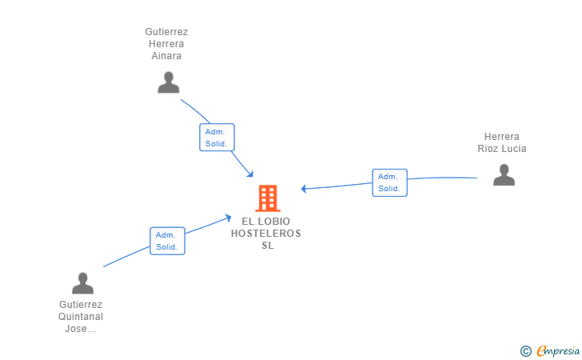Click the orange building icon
click(x=268, y=198)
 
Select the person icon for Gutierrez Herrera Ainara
click(x=168, y=82)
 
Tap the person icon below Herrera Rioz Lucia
click(x=504, y=174)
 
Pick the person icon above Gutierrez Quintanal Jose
click(x=82, y=283)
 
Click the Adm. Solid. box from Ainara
click(x=217, y=138)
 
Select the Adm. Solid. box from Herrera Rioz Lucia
click(x=389, y=182)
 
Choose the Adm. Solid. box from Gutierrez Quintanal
click(x=167, y=241)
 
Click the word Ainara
click(x=166, y=56)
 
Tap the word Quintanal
click(x=81, y=317)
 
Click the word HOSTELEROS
click(x=266, y=234)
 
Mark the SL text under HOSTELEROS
click(x=267, y=246)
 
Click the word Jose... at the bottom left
click(x=81, y=329)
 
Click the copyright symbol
click(x=525, y=350)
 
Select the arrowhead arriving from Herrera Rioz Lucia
click(x=305, y=189)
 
